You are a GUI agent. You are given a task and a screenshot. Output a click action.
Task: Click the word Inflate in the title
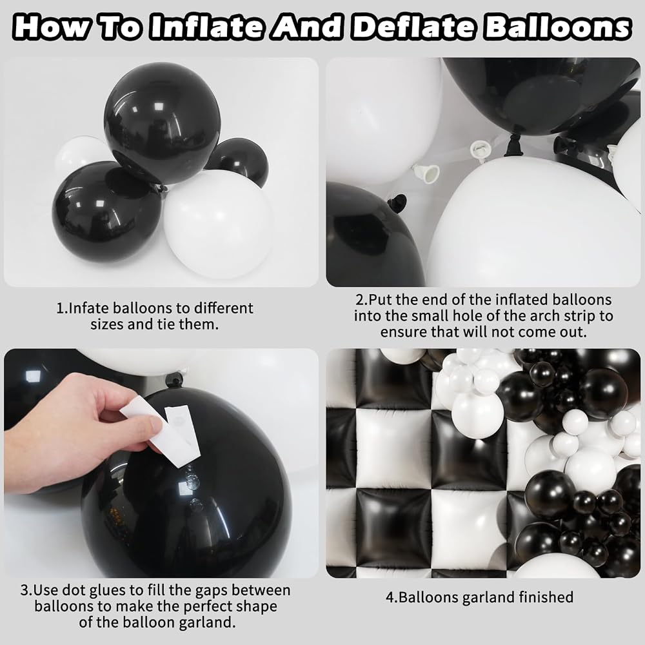click(206, 27)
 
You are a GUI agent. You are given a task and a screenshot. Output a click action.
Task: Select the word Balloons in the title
click(557, 27)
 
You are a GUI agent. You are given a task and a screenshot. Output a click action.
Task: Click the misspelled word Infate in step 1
click(87, 308)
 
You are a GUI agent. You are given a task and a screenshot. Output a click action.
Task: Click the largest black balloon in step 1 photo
click(162, 123)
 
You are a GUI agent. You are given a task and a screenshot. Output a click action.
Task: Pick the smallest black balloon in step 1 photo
click(239, 161)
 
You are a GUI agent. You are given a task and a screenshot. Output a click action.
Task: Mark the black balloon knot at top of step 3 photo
click(175, 380)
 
